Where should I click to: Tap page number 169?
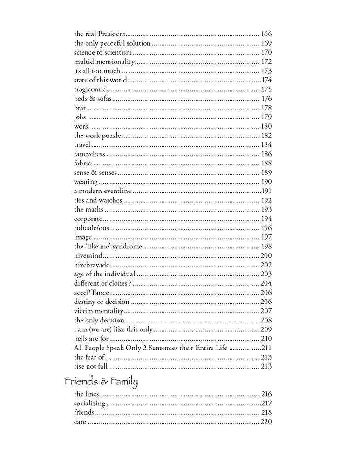point(266,43)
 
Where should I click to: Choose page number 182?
point(266,136)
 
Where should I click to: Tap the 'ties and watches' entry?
point(98,200)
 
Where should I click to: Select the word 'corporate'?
point(88,219)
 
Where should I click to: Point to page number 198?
point(266,247)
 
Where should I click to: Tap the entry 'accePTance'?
point(91,293)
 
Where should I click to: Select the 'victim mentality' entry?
point(98,311)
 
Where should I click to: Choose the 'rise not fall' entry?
point(91,366)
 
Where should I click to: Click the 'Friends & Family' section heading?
point(101,382)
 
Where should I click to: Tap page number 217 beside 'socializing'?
point(266,404)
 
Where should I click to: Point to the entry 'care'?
point(80,422)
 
